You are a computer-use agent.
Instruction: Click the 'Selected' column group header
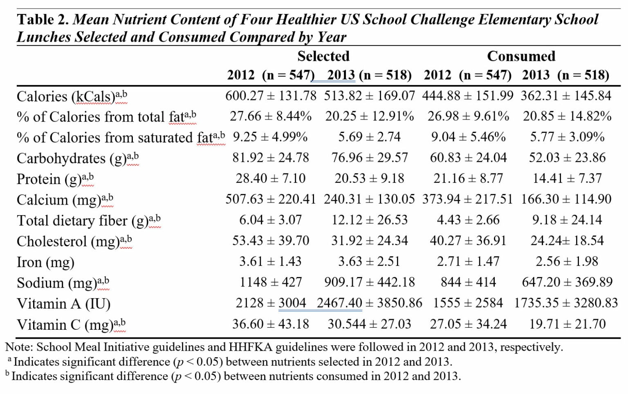(323, 56)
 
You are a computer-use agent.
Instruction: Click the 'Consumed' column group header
(521, 56)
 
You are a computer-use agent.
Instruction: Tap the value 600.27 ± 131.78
(271, 96)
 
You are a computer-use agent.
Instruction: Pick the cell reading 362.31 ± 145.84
(566, 96)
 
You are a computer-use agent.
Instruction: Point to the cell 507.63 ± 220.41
(271, 199)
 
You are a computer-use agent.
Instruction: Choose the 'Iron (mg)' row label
(45, 262)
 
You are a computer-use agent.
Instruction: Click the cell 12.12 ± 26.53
(369, 220)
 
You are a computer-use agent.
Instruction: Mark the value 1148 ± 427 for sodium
(271, 282)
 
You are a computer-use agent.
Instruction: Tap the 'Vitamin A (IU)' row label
(63, 304)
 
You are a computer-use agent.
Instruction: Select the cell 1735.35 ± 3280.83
(566, 303)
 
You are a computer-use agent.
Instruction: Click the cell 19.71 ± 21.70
(567, 324)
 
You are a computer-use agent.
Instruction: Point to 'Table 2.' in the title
(43, 20)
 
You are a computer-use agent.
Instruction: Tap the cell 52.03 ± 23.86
(567, 158)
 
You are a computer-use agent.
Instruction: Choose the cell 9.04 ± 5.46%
(468, 137)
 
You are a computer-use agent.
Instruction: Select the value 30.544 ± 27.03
(369, 324)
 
